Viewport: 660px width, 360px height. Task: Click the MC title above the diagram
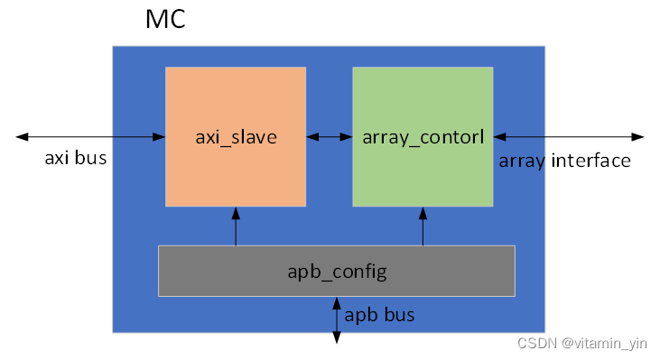tap(165, 20)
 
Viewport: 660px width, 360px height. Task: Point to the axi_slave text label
tap(236, 137)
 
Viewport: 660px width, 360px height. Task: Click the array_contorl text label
tap(423, 137)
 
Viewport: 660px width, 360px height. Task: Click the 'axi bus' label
tap(76, 160)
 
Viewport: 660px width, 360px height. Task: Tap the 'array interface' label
tap(564, 161)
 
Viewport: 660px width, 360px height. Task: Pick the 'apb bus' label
tap(380, 316)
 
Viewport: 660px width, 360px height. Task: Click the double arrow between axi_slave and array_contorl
tap(330, 137)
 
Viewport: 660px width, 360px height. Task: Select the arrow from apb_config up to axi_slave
tap(236, 226)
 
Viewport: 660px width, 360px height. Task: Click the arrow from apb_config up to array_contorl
tap(423, 226)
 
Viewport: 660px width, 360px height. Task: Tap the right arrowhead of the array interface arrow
tap(638, 137)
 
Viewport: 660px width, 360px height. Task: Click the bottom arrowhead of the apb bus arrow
tap(338, 337)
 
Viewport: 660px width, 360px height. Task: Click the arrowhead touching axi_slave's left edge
tap(160, 137)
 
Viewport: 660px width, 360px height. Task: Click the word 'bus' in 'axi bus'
tap(93, 160)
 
